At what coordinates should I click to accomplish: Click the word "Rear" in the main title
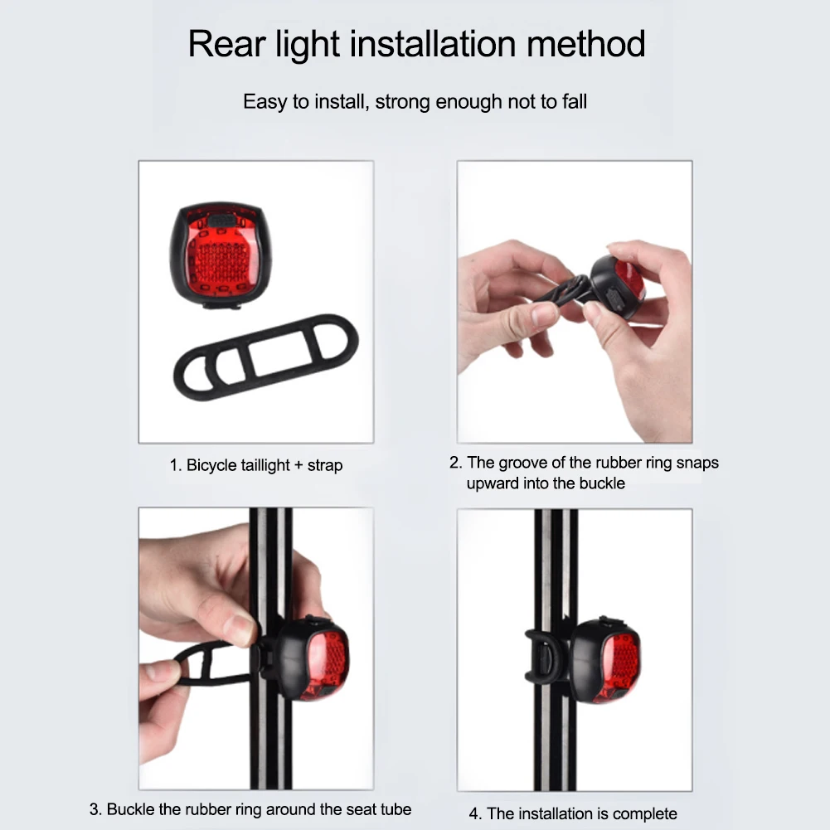pos(226,44)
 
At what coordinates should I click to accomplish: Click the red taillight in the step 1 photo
pos(221,255)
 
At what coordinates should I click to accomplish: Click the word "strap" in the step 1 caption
pos(325,466)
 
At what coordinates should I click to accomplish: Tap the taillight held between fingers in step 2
pos(617,288)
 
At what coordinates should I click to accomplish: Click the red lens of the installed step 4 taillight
pos(619,665)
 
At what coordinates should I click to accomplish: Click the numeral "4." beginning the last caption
pos(475,813)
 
